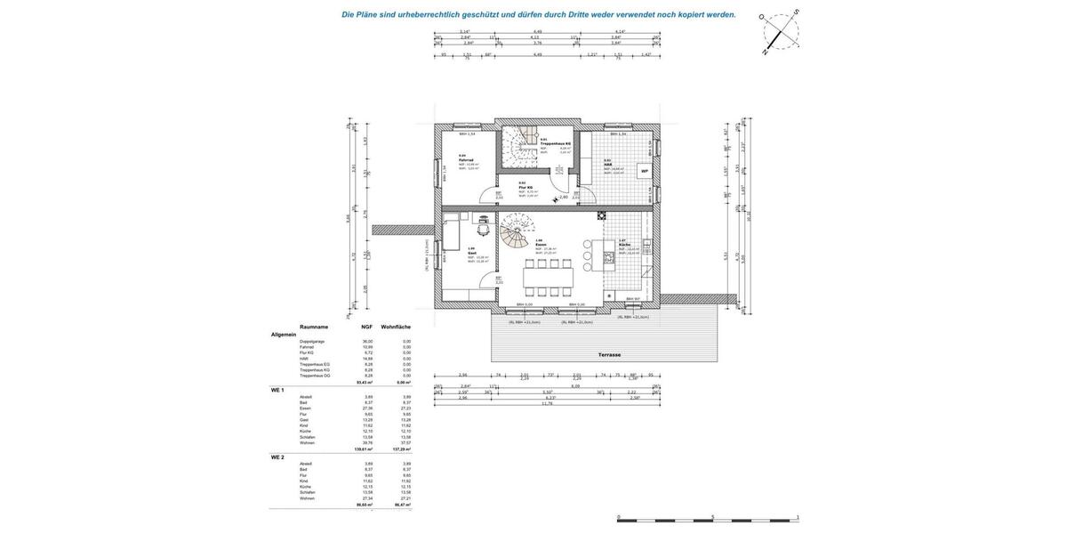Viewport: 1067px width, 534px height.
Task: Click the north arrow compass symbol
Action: tap(780, 33)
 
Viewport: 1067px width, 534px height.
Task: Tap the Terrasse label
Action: tap(609, 354)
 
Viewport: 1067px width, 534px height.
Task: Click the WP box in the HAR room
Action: tap(645, 171)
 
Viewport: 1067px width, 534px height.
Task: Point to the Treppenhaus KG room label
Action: tap(556, 143)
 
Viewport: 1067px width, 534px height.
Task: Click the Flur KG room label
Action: tap(525, 187)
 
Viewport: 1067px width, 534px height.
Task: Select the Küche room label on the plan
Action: tap(623, 244)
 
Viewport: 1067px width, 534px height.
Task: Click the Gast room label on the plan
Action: tap(472, 253)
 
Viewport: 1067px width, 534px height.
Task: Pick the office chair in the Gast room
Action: tap(483, 220)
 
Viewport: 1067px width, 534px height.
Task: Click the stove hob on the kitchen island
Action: tap(608, 258)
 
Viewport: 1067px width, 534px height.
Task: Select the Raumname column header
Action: tap(314, 327)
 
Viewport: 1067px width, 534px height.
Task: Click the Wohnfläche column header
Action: tap(396, 327)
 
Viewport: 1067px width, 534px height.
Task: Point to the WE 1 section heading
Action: tap(277, 390)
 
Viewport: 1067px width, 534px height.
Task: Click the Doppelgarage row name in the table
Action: tap(312, 341)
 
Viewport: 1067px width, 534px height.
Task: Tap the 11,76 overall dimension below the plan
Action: tap(548, 403)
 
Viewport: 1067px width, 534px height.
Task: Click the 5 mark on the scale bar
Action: tap(712, 517)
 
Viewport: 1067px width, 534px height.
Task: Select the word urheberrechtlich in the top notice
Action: tap(429, 14)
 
